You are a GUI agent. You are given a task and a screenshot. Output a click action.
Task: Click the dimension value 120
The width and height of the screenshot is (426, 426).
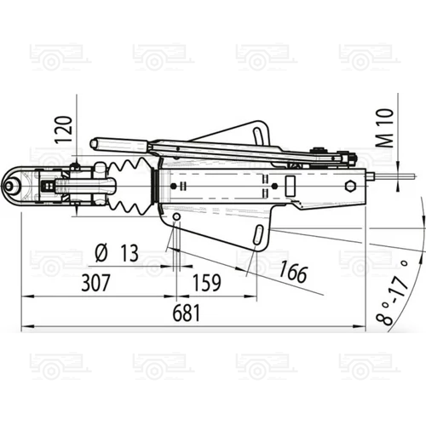pos(63,130)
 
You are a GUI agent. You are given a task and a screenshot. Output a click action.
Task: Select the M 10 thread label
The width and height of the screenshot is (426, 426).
pos(385,128)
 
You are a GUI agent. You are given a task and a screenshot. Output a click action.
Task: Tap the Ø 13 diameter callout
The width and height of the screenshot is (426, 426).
pos(117,252)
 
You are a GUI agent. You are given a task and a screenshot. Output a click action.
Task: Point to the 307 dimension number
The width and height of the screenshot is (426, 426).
pos(95,283)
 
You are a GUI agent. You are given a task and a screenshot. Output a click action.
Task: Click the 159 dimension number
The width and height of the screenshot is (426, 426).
pos(207,283)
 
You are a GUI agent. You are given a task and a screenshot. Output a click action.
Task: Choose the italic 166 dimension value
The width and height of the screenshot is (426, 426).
pos(293,273)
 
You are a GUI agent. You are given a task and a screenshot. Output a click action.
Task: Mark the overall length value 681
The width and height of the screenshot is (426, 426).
pos(187,313)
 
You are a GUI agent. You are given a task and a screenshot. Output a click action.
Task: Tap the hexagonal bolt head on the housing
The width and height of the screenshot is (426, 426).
pos(350,187)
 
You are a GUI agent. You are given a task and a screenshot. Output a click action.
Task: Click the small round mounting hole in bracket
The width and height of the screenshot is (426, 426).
pos(176,217)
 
